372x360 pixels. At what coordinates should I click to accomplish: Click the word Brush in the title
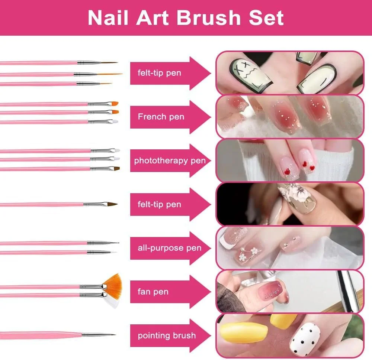click(x=209, y=18)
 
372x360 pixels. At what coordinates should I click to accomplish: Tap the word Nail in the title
click(x=108, y=18)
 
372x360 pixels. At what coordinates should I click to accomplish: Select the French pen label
click(x=161, y=117)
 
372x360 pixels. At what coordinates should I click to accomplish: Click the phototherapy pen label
click(x=170, y=161)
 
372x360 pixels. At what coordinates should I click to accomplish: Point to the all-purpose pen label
click(x=169, y=248)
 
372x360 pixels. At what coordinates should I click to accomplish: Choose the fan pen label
click(x=153, y=292)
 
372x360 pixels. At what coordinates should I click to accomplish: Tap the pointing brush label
click(x=167, y=335)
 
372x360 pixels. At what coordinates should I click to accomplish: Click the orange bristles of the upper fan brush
click(x=114, y=282)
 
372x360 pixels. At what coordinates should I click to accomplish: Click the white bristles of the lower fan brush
click(x=112, y=301)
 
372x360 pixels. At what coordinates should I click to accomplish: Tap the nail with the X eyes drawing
click(x=250, y=75)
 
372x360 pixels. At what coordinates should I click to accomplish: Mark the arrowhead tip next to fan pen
click(x=211, y=292)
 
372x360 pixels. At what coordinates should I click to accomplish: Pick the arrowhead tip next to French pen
click(x=211, y=117)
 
